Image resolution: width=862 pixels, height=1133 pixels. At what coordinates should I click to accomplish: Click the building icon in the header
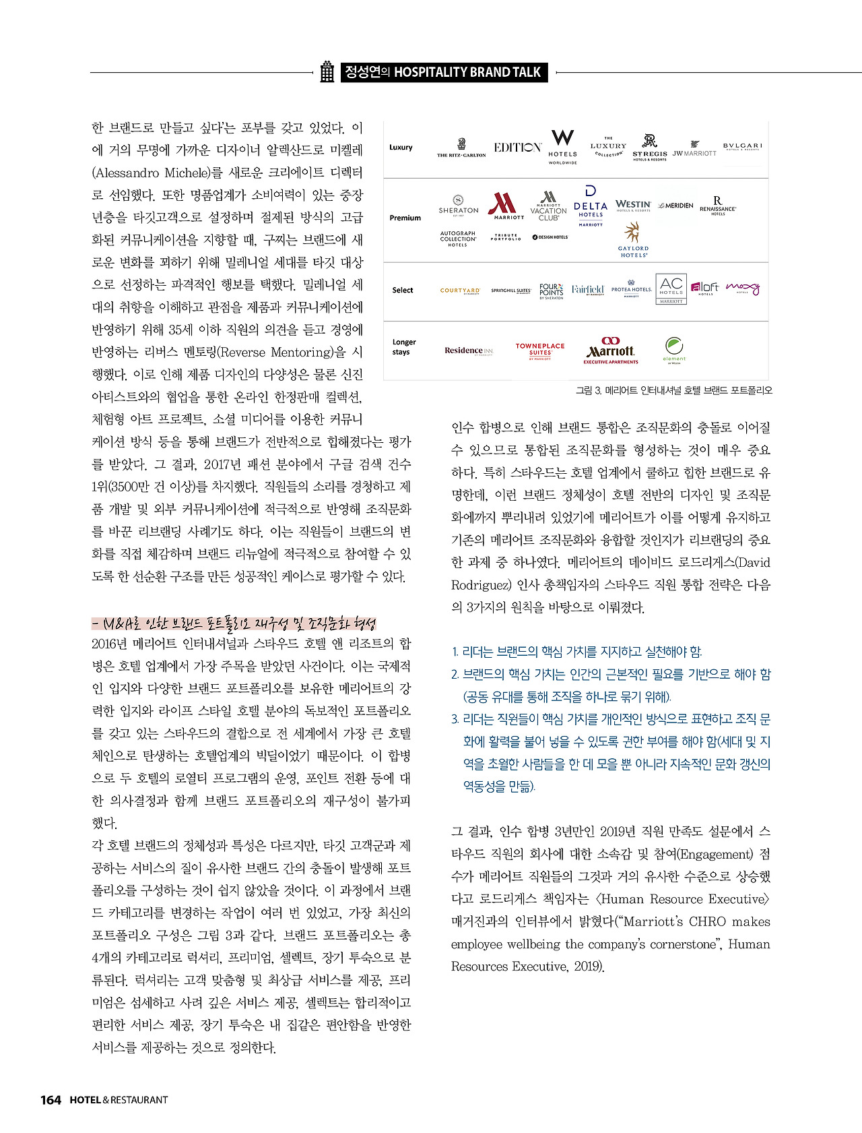click(327, 72)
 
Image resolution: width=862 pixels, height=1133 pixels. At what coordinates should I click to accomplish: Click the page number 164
click(51, 1100)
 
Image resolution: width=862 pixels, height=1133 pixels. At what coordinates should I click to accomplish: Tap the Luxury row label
click(401, 148)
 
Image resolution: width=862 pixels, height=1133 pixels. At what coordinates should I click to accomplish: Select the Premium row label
click(405, 218)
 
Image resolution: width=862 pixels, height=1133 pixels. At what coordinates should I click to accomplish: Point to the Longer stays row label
click(404, 347)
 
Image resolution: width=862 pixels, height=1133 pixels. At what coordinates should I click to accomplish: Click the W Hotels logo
click(562, 146)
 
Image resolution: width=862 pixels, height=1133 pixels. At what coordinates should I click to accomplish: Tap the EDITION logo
click(517, 148)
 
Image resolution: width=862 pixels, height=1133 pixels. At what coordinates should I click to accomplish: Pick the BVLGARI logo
click(743, 146)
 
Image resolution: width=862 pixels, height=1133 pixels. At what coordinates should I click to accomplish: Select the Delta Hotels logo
click(591, 206)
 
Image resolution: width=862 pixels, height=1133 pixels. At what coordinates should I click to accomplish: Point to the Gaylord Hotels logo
click(633, 241)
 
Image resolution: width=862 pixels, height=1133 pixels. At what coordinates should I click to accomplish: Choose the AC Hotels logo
click(671, 289)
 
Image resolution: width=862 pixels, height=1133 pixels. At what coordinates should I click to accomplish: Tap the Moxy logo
click(743, 289)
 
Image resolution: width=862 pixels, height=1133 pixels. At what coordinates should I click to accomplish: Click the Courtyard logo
click(460, 290)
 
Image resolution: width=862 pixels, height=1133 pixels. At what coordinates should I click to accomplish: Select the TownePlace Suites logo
click(540, 350)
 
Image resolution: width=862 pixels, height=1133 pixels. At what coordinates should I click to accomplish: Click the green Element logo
click(674, 350)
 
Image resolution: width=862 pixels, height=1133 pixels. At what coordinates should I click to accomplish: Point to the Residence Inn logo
click(469, 350)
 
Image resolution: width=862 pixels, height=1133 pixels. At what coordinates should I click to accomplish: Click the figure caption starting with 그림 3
click(673, 390)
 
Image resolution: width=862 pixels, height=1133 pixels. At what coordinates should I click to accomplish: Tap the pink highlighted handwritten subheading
click(234, 623)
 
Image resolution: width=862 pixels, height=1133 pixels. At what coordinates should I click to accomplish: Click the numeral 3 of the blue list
click(455, 719)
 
